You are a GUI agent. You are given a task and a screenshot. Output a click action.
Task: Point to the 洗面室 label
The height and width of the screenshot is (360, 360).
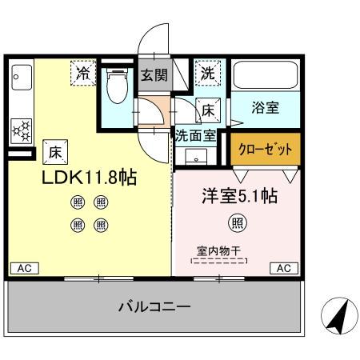[x=194, y=135]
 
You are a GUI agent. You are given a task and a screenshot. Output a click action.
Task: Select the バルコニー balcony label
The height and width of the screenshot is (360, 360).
[x=154, y=306]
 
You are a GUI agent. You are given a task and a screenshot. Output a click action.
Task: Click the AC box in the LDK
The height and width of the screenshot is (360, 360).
[x=24, y=268]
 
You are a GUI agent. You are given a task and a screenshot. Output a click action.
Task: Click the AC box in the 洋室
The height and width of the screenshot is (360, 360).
[x=284, y=268]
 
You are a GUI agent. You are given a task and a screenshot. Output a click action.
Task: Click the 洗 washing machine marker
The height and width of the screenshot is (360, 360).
[x=207, y=73]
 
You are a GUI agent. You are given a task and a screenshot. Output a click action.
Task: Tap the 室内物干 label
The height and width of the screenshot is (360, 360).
[x=219, y=250]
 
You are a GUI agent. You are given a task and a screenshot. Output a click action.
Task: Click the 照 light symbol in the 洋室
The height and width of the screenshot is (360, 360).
[x=238, y=222]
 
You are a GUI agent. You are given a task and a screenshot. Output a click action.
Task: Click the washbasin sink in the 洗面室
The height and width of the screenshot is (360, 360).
[x=194, y=155]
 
